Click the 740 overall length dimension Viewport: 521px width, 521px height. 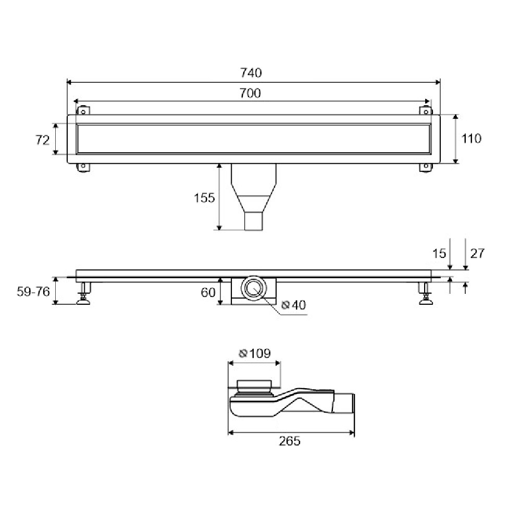click(251, 73)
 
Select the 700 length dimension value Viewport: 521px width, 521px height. click(250, 93)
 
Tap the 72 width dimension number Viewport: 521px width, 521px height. click(43, 140)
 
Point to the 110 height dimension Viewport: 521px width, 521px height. click(471, 139)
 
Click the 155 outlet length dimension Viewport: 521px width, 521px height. click(204, 198)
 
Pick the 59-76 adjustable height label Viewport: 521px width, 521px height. click(33, 292)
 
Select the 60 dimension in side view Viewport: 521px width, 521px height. click(208, 292)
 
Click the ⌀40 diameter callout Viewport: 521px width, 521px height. click(294, 305)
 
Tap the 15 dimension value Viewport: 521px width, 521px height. click(439, 254)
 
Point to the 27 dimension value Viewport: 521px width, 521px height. click(477, 254)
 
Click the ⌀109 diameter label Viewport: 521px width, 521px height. click(255, 353)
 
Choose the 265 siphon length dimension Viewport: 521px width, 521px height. click(290, 441)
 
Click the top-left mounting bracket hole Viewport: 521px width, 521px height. click(83, 111)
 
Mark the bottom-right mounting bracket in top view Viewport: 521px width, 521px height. click(426, 167)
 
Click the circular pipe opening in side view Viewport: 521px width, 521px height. click(254, 288)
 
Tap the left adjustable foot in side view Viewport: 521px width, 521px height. click(84, 293)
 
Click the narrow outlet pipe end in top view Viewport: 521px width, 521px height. click(254, 221)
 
